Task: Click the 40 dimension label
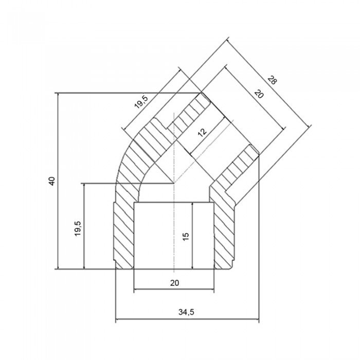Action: point(52,181)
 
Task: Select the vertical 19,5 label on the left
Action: point(78,229)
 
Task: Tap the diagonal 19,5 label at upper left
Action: point(142,102)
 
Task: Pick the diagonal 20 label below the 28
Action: point(259,94)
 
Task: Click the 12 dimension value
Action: point(202,132)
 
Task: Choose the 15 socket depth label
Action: point(186,236)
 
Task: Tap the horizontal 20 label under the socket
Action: point(174,283)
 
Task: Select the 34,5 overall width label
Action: point(186,312)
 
